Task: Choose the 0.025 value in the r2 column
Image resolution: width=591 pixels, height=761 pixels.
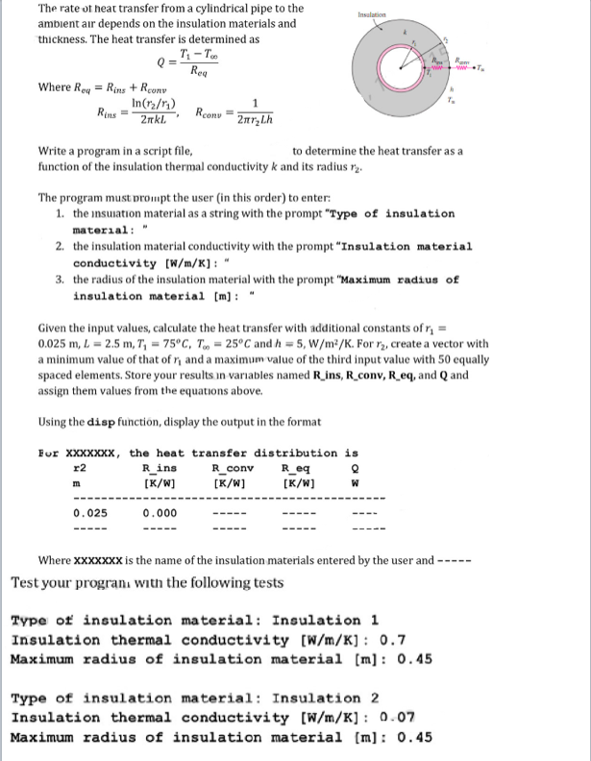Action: [x=90, y=512]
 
